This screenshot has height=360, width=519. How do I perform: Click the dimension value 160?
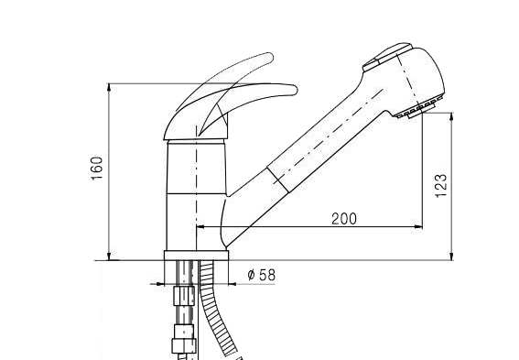(x=97, y=168)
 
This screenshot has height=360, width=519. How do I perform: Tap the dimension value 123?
(x=441, y=185)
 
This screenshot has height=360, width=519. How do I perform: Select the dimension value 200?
(x=344, y=219)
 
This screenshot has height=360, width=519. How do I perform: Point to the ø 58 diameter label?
(x=261, y=275)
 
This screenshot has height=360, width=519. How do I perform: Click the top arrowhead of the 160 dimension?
(x=109, y=88)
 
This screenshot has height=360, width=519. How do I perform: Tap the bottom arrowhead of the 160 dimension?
(x=109, y=256)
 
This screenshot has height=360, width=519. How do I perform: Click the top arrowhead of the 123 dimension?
(x=451, y=117)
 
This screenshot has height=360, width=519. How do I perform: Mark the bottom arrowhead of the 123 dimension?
(x=451, y=256)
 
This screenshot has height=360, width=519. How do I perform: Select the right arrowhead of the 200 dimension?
(x=418, y=227)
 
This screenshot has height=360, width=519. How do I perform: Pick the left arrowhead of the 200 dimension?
(x=201, y=227)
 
